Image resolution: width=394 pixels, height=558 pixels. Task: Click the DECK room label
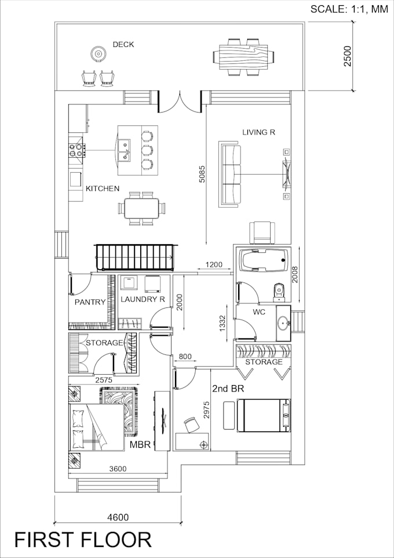(x=123, y=44)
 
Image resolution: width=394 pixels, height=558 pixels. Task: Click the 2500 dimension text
(x=347, y=56)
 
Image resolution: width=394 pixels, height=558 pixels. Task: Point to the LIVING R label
(x=258, y=132)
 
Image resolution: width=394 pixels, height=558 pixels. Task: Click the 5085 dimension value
(x=202, y=172)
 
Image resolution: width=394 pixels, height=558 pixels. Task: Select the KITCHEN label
(x=103, y=189)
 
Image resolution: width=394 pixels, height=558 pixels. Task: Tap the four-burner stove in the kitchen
(x=76, y=150)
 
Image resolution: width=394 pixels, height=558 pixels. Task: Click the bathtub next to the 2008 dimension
(x=264, y=260)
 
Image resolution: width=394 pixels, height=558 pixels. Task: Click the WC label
(x=258, y=312)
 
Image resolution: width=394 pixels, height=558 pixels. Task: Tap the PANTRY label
(x=90, y=302)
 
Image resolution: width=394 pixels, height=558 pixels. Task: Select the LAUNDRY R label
(x=143, y=299)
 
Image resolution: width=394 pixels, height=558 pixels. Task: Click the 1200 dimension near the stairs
(x=213, y=265)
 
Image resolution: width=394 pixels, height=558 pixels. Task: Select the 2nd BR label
(x=227, y=389)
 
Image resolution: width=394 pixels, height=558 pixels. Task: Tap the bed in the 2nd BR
(x=264, y=415)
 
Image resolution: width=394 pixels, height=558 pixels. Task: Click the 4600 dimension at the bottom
(x=118, y=517)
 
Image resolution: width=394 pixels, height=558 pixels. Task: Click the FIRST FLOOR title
(x=83, y=540)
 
